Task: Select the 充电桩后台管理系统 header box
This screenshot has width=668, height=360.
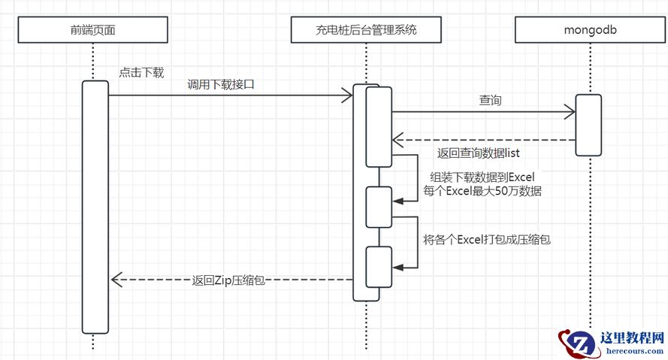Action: tap(365, 31)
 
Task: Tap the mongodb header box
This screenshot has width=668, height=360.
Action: tap(591, 31)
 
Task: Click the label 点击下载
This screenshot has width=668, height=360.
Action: tap(141, 73)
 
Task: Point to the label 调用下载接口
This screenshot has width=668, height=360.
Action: tap(221, 85)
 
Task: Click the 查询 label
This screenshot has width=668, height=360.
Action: tap(490, 101)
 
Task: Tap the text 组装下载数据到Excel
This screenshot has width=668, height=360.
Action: tap(482, 177)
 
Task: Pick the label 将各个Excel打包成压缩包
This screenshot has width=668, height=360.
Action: tap(486, 240)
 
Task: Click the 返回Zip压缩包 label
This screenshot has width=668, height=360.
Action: tap(228, 280)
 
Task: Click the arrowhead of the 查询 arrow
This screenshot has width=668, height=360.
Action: tap(570, 112)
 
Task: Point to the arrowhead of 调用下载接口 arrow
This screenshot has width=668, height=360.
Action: tap(347, 95)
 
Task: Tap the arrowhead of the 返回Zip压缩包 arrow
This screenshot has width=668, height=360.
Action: tap(116, 280)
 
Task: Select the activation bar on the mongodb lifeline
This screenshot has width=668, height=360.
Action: tap(588, 125)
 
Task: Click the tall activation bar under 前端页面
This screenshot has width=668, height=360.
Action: tap(95, 206)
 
